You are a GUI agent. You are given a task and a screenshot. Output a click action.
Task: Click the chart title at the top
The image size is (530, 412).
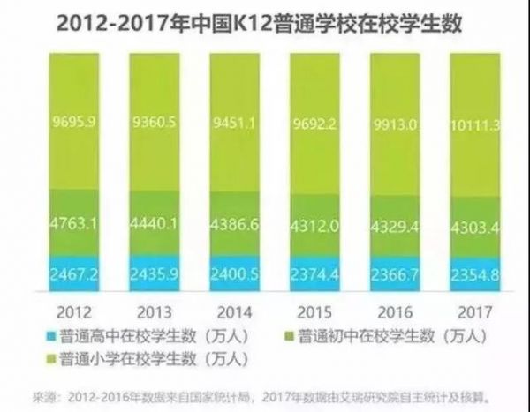click(264, 26)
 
